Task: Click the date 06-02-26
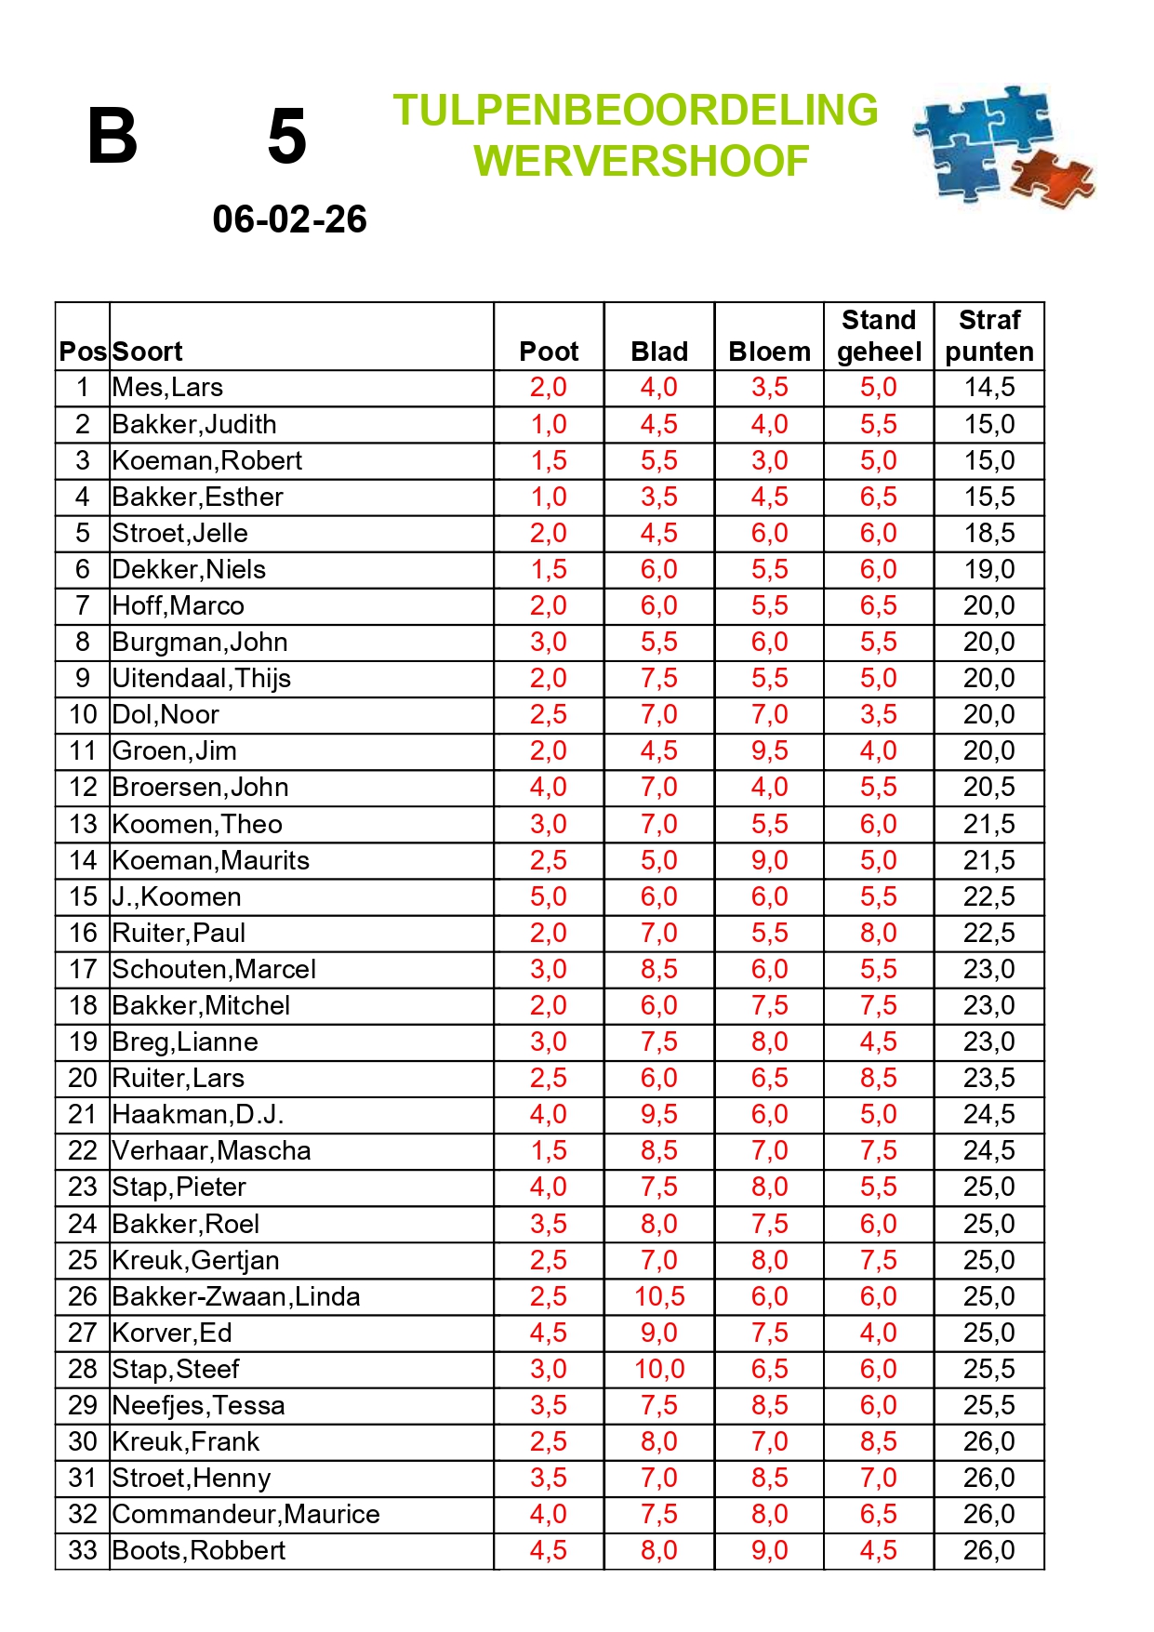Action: [289, 219]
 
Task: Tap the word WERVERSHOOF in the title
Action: [641, 161]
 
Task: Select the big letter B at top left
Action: [113, 136]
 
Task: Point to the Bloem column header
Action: [769, 352]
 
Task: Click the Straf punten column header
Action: [989, 336]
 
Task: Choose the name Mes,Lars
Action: [167, 388]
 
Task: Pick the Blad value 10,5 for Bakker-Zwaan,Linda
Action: [659, 1296]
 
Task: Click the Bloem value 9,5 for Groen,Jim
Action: [769, 750]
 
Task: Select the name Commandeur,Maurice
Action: [245, 1514]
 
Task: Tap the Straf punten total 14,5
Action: [989, 388]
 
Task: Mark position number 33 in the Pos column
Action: [83, 1550]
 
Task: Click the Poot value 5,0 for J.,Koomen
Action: [549, 896]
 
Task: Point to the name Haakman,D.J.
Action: [197, 1114]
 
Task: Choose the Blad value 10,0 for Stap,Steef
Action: [659, 1369]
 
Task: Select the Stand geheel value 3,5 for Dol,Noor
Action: [879, 714]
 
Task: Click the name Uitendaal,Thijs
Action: [201, 678]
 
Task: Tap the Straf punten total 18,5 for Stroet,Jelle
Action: [989, 533]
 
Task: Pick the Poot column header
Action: [549, 352]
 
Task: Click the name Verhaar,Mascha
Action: [211, 1150]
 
